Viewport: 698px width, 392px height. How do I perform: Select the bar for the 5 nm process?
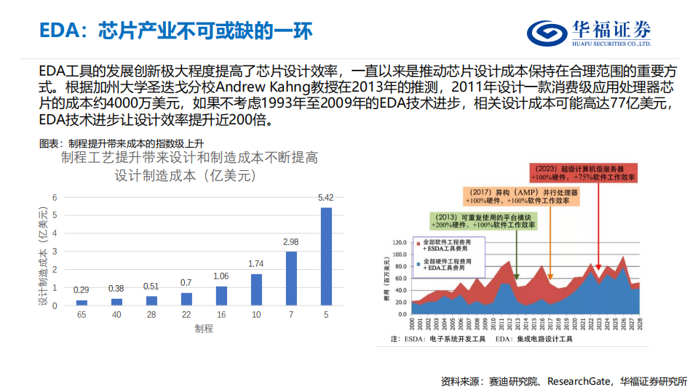[326, 256]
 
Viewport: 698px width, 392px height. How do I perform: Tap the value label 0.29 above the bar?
[82, 290]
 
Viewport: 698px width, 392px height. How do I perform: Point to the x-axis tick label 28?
[151, 315]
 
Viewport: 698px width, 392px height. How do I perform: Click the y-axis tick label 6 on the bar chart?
[55, 197]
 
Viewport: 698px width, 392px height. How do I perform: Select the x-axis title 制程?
[204, 328]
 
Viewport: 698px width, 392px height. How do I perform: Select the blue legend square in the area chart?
[417, 261]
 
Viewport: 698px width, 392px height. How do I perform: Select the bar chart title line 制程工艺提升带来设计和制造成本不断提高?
[189, 158]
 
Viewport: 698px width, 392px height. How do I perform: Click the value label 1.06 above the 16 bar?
[221, 276]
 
